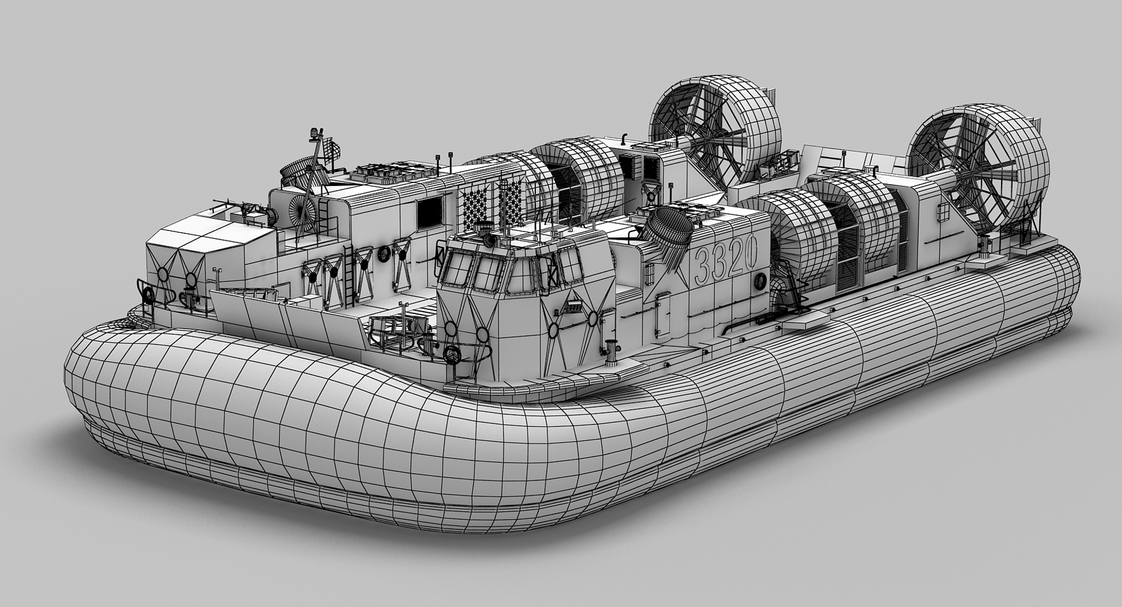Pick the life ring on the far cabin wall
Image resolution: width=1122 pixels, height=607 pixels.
[x=384, y=254]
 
